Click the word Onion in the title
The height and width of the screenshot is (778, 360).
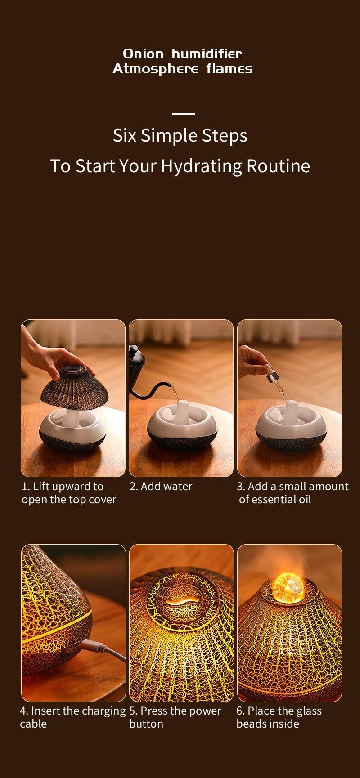(143, 54)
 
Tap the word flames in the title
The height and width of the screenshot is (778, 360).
(229, 69)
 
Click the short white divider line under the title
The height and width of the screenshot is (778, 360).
(183, 114)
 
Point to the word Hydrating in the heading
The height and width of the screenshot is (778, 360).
(201, 166)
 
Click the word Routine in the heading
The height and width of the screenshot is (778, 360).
(278, 166)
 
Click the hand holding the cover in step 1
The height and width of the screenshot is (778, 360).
(49, 358)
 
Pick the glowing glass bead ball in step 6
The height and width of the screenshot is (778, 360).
(288, 586)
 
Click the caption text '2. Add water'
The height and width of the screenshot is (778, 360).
(161, 486)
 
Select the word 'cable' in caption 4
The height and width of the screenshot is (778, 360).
(33, 724)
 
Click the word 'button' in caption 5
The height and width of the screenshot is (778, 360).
(146, 724)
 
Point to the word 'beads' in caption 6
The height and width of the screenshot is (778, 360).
(250, 724)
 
